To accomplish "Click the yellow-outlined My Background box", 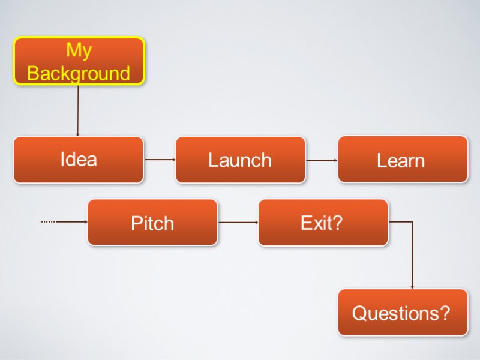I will [79, 61].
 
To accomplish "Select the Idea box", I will [79, 160].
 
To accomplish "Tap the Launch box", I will [240, 160].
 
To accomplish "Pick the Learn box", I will [403, 160].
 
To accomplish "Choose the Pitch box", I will [152, 223].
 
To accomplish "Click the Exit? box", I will [323, 223].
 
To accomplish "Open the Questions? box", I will [403, 313].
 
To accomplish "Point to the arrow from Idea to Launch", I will [159, 160].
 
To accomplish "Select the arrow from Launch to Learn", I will [322, 160].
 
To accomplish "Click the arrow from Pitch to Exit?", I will [238, 222].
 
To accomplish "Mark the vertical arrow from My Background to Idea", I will [77, 111].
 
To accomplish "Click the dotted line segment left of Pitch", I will [47, 222].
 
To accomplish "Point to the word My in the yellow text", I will [79, 50].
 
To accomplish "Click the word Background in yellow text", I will [79, 73].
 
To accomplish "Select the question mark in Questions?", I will [444, 313].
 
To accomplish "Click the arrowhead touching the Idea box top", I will [77, 134].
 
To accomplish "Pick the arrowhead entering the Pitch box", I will [85, 222].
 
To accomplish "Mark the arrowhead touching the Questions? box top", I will [412, 287].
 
